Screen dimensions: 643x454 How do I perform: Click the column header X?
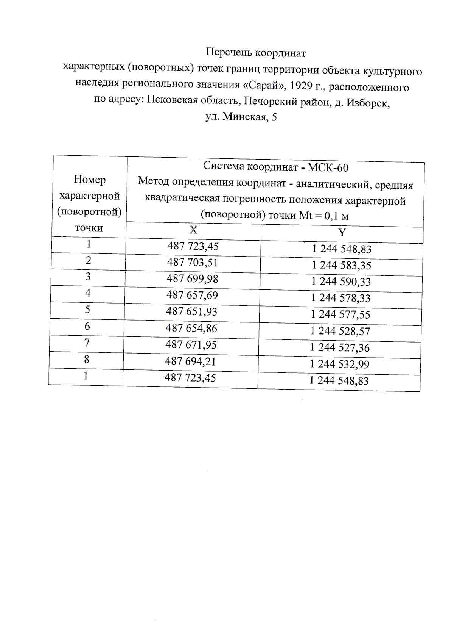coord(193,230)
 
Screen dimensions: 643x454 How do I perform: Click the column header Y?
coord(342,232)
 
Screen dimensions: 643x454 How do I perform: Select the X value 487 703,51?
coord(193,262)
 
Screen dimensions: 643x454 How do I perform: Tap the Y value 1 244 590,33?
coord(341,282)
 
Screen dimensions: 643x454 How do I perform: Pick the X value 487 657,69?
coord(192,295)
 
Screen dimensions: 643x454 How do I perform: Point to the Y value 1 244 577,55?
coord(340,314)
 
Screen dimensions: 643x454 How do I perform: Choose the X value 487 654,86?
coord(191,328)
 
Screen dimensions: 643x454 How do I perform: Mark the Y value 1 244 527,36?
coord(340,347)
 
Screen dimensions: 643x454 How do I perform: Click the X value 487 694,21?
coord(190,361)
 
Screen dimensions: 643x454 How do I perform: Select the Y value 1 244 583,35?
coord(341,265)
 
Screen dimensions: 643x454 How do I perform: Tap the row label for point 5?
coord(87,310)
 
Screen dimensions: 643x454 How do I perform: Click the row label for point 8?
coord(87,359)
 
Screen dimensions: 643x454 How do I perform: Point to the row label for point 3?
coord(88,277)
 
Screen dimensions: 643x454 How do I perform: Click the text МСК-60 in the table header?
coord(328,167)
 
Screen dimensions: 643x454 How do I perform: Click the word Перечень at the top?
coord(229,53)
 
